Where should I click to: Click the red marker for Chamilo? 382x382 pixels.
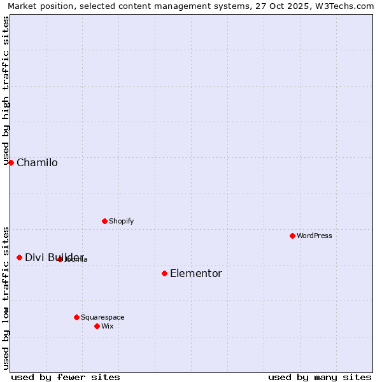point(11,162)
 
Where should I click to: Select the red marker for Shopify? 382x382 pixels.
point(104,221)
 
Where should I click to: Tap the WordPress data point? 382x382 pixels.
point(292,236)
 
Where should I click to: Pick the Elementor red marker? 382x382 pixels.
point(164,273)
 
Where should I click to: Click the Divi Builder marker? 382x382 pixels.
point(19,257)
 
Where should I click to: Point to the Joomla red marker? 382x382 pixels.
point(60,259)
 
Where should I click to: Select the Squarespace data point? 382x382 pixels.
point(76,317)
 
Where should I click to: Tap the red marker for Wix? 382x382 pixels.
point(97,326)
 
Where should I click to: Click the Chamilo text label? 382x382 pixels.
point(37,162)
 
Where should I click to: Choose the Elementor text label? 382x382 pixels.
point(196,273)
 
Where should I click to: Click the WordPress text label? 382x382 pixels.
point(315,236)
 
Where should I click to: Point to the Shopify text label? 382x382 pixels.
point(121,221)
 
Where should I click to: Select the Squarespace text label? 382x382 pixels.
point(103,317)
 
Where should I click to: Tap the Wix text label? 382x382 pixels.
point(107,326)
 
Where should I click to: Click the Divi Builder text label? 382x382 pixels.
point(54,257)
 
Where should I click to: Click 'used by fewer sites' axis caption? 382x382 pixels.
point(66,377)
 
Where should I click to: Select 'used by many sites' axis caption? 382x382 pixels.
point(320,377)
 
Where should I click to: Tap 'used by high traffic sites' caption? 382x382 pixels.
point(6,88)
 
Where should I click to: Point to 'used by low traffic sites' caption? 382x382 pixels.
point(6,298)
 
